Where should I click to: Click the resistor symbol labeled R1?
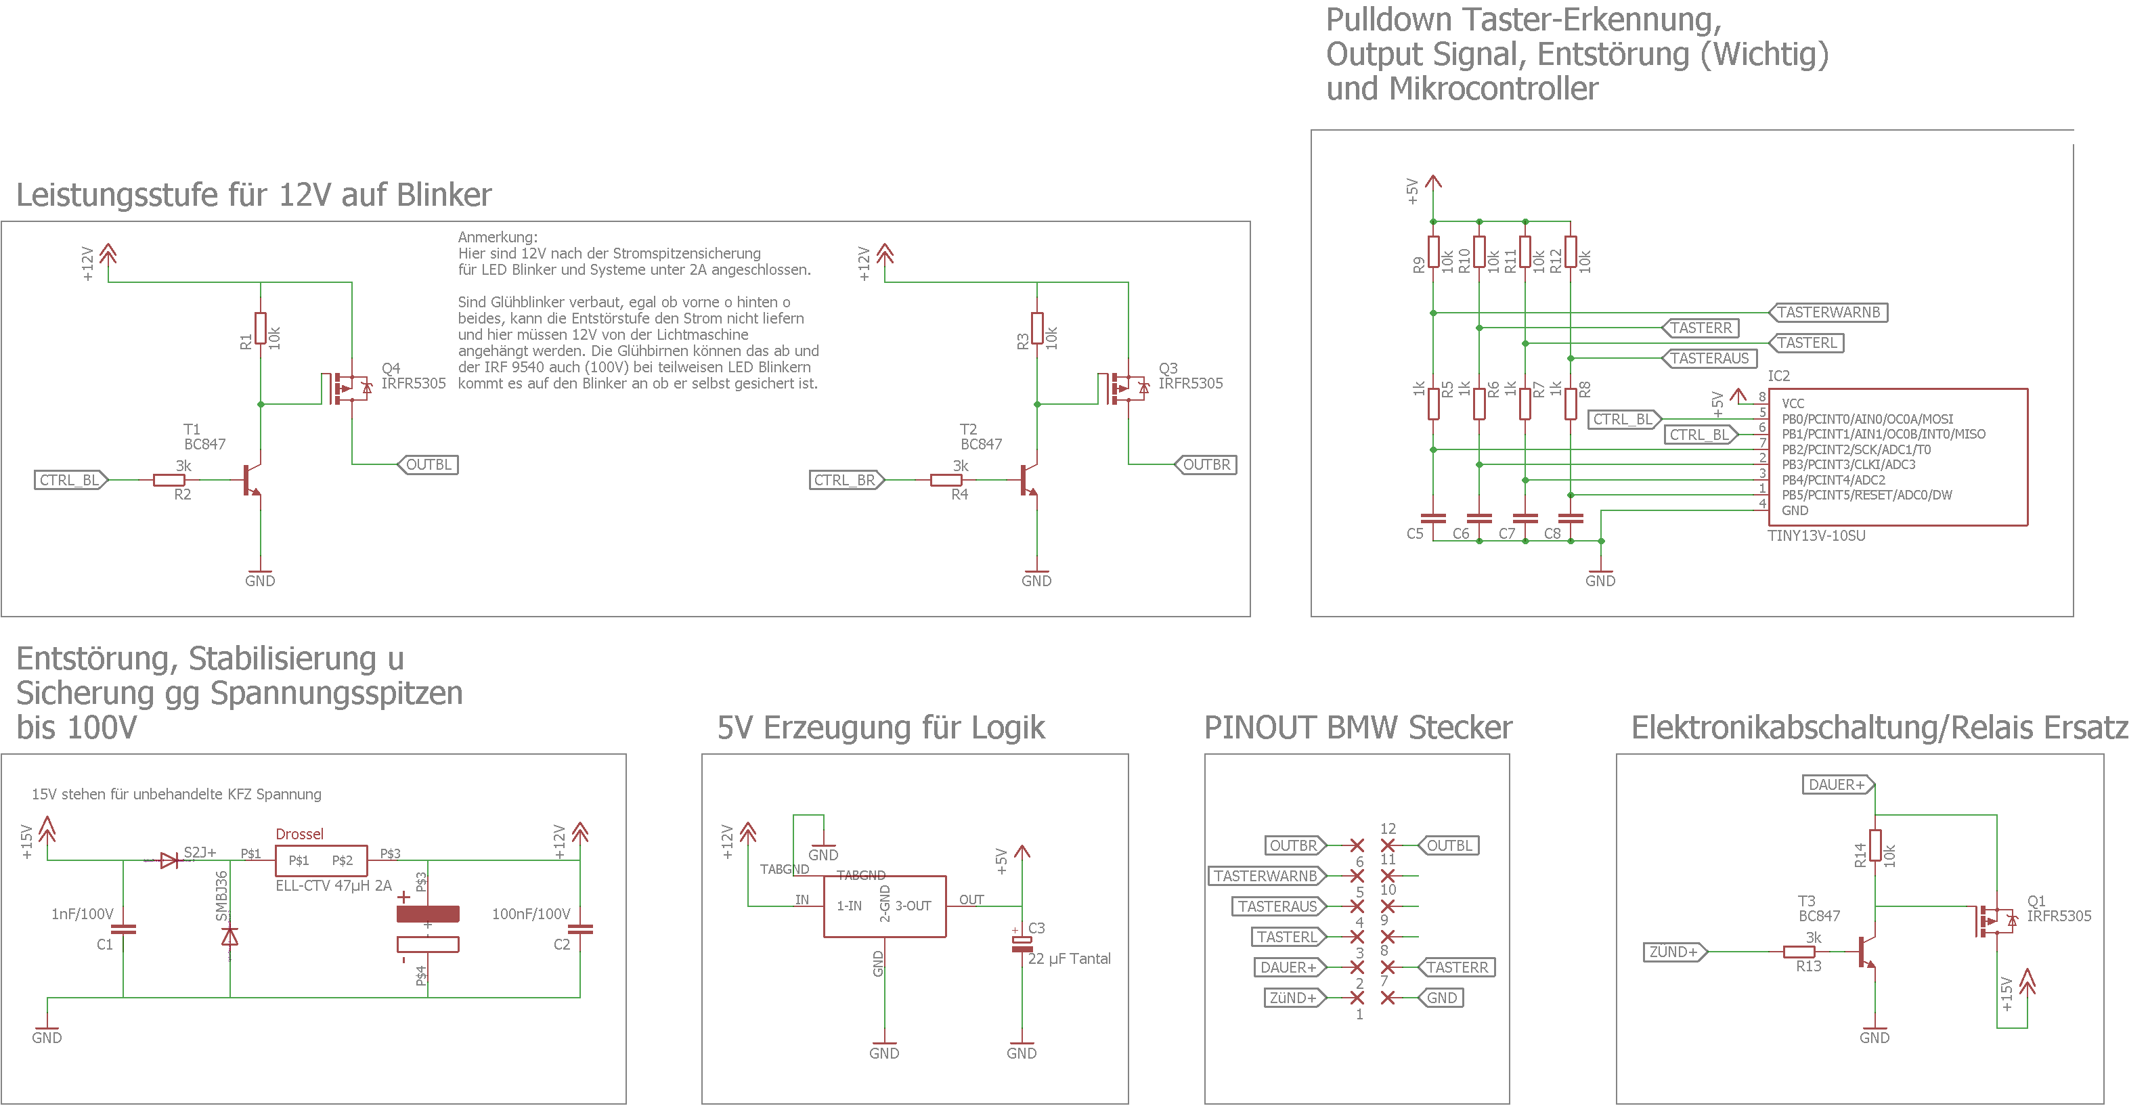point(261,328)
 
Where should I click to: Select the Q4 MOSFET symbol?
point(346,389)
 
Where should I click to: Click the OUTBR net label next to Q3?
point(1206,464)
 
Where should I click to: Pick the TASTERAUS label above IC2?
point(1709,358)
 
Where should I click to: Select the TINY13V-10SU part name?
point(1816,536)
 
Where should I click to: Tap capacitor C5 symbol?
point(1432,518)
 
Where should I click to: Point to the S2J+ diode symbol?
point(169,860)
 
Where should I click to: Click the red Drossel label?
point(299,835)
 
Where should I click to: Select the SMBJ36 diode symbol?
point(229,936)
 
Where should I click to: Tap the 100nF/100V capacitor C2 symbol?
point(580,929)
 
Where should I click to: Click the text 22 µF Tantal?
point(1069,958)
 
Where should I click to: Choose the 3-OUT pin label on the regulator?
point(913,906)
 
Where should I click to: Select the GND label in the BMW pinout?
point(1442,998)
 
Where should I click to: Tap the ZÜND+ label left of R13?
point(1673,952)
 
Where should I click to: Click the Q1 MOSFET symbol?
point(1994,921)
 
